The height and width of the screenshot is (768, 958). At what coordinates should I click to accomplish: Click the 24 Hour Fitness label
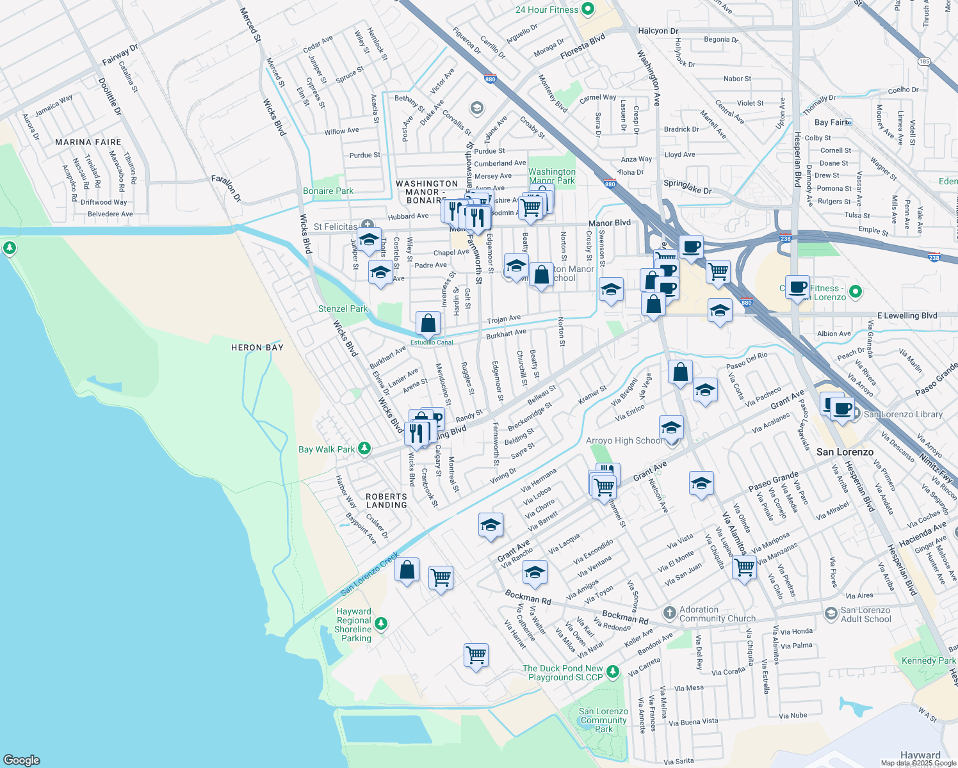547,10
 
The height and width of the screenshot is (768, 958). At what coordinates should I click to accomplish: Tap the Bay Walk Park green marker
364,449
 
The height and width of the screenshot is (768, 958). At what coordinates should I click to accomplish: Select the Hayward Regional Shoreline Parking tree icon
381,623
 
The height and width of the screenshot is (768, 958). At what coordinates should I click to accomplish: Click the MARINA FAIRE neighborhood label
88,142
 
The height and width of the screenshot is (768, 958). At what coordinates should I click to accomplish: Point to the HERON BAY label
257,348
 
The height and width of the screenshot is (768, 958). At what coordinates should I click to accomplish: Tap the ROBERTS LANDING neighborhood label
386,500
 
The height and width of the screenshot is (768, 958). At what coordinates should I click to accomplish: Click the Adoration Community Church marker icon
669,613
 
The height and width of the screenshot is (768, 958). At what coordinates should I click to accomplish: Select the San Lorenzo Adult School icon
831,614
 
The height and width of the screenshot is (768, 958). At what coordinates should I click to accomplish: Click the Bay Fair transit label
830,122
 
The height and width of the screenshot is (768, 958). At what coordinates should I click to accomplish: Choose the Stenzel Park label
343,308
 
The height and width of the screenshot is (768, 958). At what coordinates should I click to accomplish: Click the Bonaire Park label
328,191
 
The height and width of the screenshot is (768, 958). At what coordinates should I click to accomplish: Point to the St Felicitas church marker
367,225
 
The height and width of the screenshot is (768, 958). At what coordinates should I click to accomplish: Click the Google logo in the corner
21,760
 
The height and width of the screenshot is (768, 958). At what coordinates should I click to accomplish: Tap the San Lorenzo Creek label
369,573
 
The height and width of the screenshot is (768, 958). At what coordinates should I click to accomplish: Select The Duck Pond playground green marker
613,671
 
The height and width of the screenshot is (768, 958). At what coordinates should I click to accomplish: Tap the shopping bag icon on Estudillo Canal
428,323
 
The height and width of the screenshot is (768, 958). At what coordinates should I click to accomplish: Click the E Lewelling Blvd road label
907,316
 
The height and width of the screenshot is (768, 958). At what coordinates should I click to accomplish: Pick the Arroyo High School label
624,440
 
